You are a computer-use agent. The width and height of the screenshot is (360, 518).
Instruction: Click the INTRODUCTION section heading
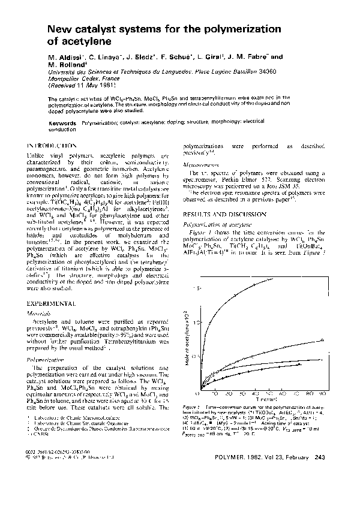coord(52,146)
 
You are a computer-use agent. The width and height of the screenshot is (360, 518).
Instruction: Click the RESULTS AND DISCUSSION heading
coord(221,214)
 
